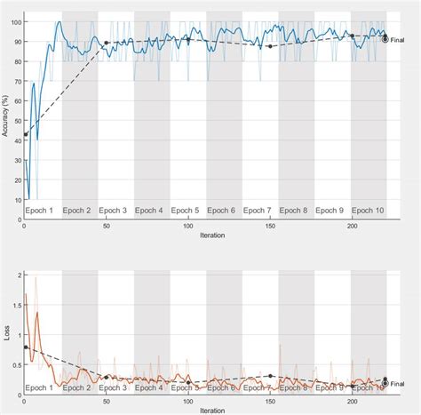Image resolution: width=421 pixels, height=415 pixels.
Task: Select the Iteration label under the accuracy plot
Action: point(212,236)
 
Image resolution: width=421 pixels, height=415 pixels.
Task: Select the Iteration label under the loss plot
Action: point(212,411)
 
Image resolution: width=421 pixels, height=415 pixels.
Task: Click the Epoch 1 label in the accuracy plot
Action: point(41,211)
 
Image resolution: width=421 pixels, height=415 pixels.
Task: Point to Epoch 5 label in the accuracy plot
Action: point(185,211)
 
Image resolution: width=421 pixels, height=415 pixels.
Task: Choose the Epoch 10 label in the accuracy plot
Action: point(367,211)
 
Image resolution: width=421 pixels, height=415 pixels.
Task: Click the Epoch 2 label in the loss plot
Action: point(76,387)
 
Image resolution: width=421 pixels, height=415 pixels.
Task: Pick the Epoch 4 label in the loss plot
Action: point(148,387)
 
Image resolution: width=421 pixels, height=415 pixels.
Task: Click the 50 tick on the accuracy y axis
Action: point(15,122)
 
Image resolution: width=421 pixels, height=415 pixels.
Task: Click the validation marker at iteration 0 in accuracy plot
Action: point(25,134)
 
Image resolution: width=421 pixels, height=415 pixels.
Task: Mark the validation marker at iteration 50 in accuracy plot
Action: point(107,43)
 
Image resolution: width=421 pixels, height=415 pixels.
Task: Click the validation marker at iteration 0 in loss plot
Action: point(25,347)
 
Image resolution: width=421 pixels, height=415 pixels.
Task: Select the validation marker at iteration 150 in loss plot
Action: point(270,376)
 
